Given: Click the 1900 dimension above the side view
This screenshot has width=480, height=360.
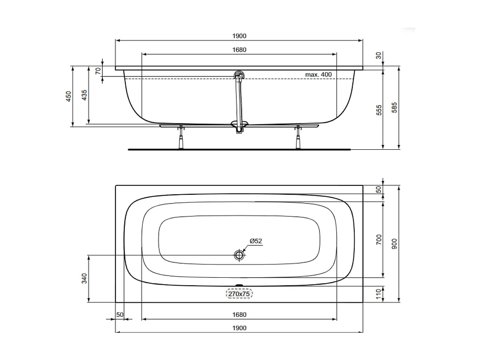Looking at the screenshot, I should point(239,36).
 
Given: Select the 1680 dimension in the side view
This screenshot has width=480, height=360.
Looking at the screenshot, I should point(239,50).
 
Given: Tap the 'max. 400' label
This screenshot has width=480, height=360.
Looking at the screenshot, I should point(318,74).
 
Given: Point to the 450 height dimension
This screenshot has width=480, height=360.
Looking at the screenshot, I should point(68,96).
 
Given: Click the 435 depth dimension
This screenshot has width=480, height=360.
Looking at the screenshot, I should point(84,95).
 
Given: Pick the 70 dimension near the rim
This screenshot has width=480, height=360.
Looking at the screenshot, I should point(98,70).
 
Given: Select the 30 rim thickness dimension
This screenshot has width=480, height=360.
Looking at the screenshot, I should point(379,55).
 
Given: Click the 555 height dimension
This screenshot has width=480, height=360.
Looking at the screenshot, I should point(379,110).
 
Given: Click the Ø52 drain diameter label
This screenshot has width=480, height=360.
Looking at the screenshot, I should point(256,241).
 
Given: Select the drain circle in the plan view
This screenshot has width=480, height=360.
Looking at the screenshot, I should point(239,255).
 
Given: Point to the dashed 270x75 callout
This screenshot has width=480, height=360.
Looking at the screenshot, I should point(239,294).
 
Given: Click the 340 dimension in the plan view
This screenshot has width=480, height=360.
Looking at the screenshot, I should point(84,278).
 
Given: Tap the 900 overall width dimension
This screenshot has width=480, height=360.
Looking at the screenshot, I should point(394,243).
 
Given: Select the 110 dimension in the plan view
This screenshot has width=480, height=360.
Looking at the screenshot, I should point(379,293).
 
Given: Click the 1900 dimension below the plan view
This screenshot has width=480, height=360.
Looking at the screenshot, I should point(239,328).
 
